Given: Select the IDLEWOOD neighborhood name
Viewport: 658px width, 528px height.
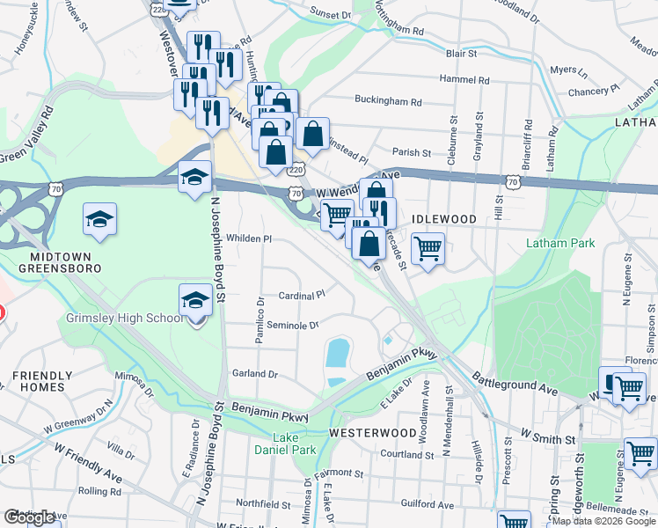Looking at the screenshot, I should pyautogui.click(x=444, y=218).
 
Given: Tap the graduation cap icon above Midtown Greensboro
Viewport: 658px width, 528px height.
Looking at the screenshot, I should pyautogui.click(x=100, y=219).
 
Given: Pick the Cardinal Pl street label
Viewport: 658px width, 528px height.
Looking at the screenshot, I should pyautogui.click(x=303, y=295).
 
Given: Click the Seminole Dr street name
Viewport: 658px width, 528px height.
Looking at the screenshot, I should pyautogui.click(x=292, y=325).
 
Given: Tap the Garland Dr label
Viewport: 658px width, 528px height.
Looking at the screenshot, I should pyautogui.click(x=255, y=373).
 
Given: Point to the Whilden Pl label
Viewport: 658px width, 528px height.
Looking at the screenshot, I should pyautogui.click(x=250, y=238).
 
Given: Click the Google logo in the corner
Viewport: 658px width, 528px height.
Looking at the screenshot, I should pyautogui.click(x=29, y=517).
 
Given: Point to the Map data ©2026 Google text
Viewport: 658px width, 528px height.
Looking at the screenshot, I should pyautogui.click(x=603, y=521).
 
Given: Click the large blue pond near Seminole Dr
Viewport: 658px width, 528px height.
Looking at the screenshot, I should pyautogui.click(x=336, y=353).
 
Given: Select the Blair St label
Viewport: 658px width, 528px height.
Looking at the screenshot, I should pyautogui.click(x=461, y=54).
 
